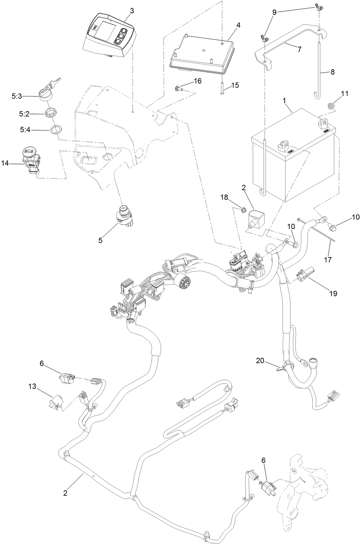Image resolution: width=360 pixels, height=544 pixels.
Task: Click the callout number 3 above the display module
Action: pos(132,11)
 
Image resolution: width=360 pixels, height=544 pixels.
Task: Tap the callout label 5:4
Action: pos(25,131)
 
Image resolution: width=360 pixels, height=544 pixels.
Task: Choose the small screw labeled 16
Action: pos(178,88)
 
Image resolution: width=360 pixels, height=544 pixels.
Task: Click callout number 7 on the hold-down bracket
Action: pos(299,49)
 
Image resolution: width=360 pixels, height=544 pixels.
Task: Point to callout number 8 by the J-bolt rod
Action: pos(332,72)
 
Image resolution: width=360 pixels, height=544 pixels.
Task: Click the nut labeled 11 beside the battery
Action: pos(331,106)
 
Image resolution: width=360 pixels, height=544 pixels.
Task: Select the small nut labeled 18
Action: pos(242,209)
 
